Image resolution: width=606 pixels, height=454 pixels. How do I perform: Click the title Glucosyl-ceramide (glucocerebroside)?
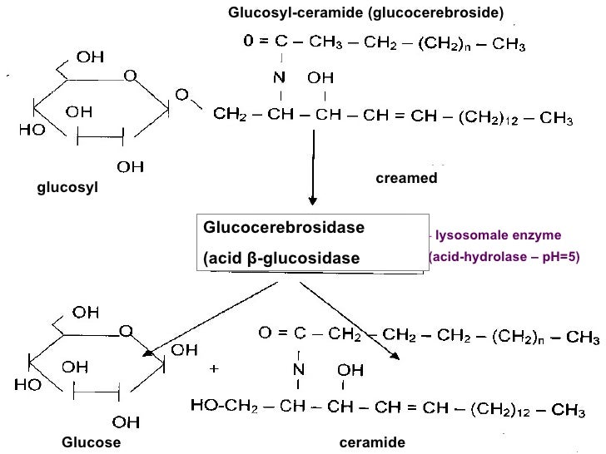(366, 12)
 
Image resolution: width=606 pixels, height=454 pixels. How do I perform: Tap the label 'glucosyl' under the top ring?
(67, 189)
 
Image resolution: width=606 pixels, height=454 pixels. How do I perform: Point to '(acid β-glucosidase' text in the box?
(281, 259)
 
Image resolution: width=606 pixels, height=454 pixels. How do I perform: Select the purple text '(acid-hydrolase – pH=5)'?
(502, 259)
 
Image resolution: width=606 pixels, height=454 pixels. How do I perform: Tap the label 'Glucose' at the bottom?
(92, 442)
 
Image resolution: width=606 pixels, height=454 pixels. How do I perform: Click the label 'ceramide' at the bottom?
(372, 442)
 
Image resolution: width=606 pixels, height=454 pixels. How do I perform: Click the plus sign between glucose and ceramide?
(215, 367)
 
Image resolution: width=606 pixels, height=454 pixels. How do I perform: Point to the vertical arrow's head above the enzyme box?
(313, 200)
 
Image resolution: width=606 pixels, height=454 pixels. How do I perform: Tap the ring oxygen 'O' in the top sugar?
(132, 76)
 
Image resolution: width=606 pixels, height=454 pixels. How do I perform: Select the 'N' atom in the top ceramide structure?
(282, 77)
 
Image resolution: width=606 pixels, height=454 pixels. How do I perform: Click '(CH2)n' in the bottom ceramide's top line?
(519, 337)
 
